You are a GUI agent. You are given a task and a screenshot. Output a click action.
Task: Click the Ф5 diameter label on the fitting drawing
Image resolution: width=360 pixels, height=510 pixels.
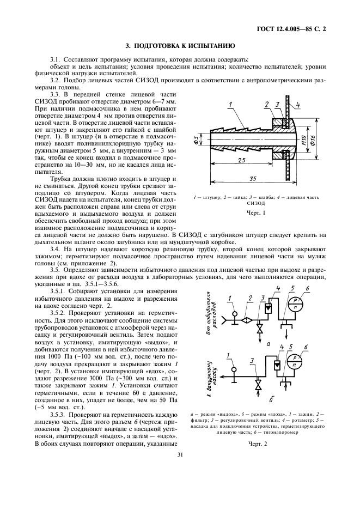(x=197, y=143)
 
